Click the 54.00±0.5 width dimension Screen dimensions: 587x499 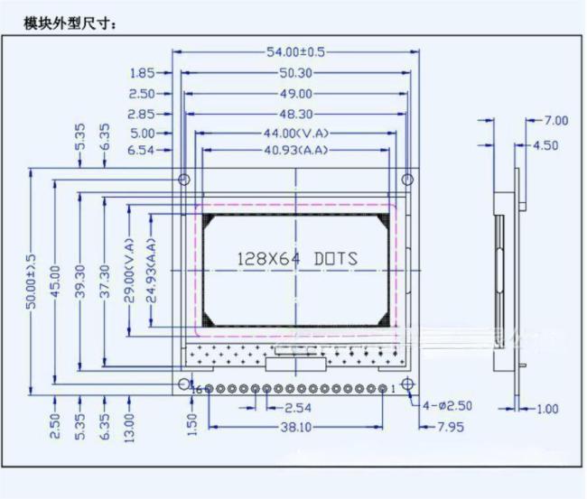[x=295, y=51]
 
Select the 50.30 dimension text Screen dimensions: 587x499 [x=295, y=72]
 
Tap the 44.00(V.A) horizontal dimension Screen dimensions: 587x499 [x=295, y=133]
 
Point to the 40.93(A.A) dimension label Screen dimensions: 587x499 [x=295, y=150]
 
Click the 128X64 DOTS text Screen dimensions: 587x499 [x=298, y=259]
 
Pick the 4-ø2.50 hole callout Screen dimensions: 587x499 [x=447, y=405]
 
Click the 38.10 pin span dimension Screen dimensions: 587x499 [x=295, y=427]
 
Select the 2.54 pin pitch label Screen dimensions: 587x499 [x=298, y=407]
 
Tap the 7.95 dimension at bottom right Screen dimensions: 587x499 [x=451, y=427]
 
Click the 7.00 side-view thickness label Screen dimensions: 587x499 [x=556, y=120]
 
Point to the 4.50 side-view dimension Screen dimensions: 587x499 [x=545, y=145]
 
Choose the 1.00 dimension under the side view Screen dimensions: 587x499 [x=547, y=409]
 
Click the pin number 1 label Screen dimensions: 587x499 [x=393, y=390]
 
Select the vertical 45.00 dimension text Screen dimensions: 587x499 [x=55, y=282]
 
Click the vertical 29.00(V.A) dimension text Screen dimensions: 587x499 [x=129, y=270]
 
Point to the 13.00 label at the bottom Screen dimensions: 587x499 [x=129, y=428]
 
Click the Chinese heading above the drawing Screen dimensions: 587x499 [x=70, y=23]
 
